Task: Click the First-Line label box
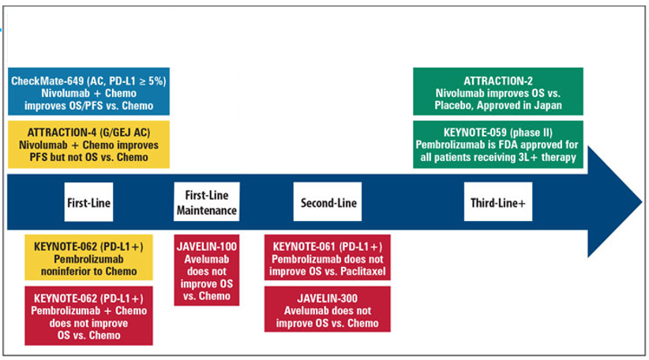pyautogui.click(x=88, y=202)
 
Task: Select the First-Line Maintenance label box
pyautogui.click(x=207, y=201)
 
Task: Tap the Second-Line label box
pyautogui.click(x=328, y=201)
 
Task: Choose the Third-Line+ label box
pyautogui.click(x=498, y=201)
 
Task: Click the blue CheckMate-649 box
pyautogui.click(x=88, y=92)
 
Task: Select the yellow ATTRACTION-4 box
pyautogui.click(x=88, y=144)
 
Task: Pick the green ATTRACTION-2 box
pyautogui.click(x=498, y=92)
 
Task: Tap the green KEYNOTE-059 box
pyautogui.click(x=498, y=144)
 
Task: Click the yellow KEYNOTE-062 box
pyautogui.click(x=88, y=257)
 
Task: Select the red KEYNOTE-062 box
pyautogui.click(x=88, y=316)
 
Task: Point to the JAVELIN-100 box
pyautogui.click(x=207, y=270)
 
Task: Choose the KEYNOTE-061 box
pyautogui.click(x=328, y=257)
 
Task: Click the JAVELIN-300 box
pyautogui.click(x=328, y=309)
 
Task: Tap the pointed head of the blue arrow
pyautogui.click(x=641, y=202)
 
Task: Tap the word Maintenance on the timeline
pyautogui.click(x=207, y=210)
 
